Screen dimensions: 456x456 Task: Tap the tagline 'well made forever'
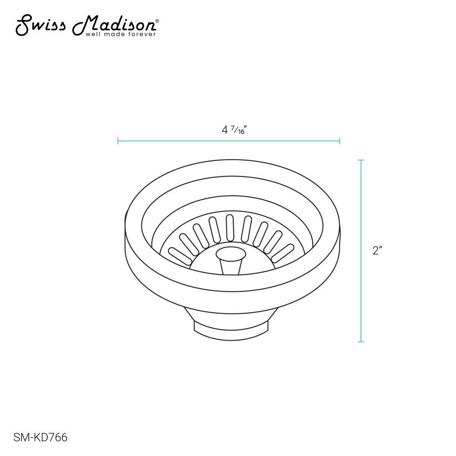coord(120,34)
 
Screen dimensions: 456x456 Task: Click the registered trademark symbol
coord(157,21)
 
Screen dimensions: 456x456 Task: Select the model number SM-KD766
coord(41,437)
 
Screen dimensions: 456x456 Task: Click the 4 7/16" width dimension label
coord(234,130)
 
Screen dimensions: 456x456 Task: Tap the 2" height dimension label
coord(377,250)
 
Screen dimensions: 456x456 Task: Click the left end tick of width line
coord(118,141)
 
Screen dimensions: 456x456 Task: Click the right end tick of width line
coord(340,141)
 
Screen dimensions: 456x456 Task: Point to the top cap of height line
coord(361,160)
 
